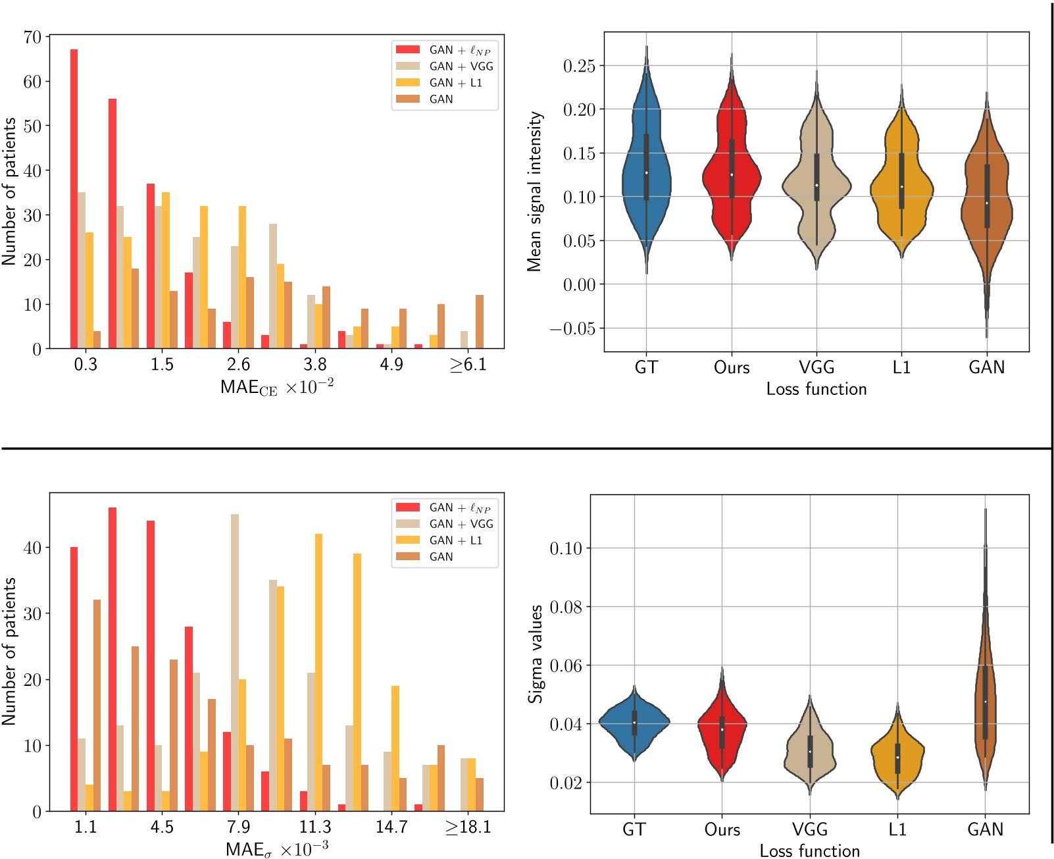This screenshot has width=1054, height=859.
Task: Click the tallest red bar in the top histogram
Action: click(x=74, y=197)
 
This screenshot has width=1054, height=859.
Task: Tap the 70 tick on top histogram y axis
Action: click(x=32, y=37)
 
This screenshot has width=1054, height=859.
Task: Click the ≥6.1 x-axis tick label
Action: click(x=468, y=365)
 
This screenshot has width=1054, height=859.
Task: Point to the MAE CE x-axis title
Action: click(x=276, y=386)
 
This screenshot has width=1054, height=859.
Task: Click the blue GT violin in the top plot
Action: click(x=646, y=165)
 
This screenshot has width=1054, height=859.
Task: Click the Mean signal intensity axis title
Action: click(x=534, y=191)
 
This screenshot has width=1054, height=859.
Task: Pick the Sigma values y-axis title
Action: click(x=536, y=654)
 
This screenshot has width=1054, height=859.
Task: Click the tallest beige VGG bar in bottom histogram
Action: click(x=235, y=662)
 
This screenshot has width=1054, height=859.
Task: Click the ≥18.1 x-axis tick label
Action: click(x=468, y=827)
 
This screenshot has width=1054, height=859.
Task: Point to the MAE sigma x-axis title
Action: click(x=276, y=849)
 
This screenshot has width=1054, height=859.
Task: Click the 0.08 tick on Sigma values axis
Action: click(x=566, y=607)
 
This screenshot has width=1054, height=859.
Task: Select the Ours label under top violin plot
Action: click(x=732, y=367)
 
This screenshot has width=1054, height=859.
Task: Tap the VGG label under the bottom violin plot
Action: click(x=809, y=829)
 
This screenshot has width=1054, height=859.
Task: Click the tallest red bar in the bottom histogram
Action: click(x=113, y=658)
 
